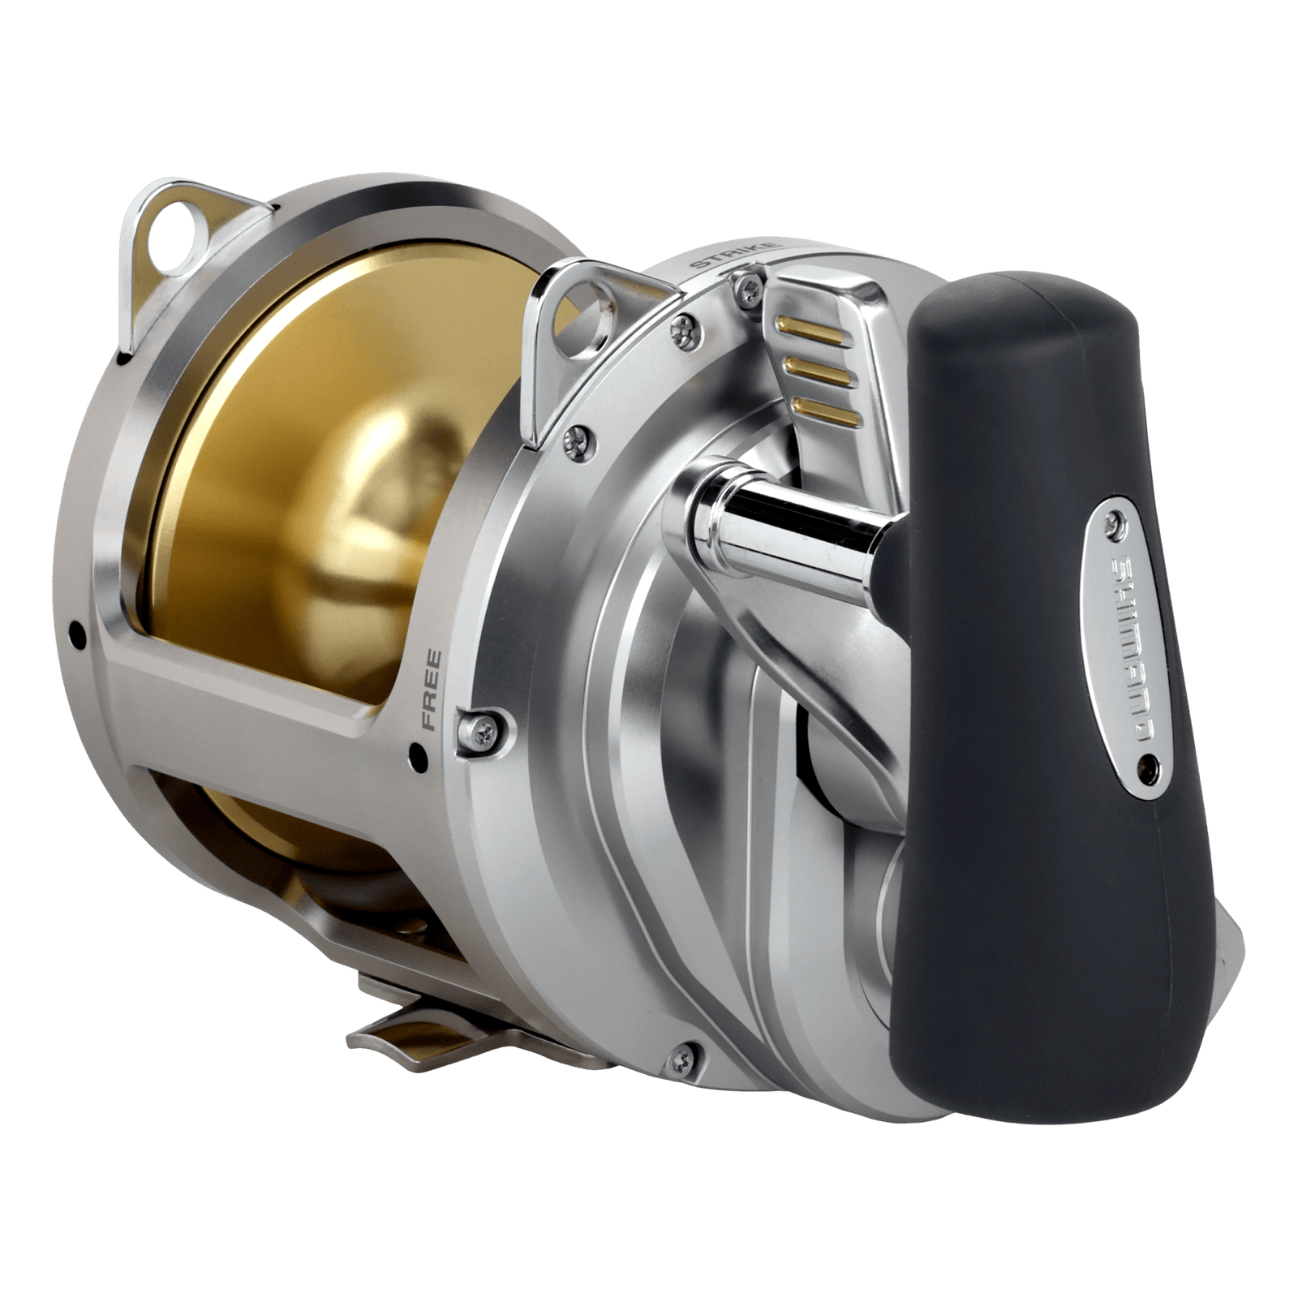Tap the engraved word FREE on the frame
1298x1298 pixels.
(430, 690)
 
